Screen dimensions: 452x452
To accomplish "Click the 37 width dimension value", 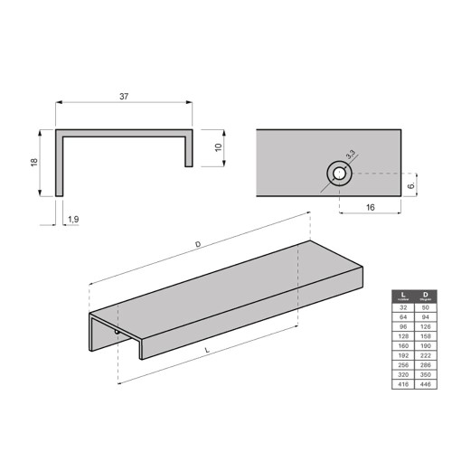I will [x=124, y=93].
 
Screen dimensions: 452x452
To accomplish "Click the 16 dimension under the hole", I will [x=370, y=207].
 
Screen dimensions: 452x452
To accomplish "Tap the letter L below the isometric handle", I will [x=208, y=348].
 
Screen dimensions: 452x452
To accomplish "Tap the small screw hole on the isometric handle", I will [x=116, y=334].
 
